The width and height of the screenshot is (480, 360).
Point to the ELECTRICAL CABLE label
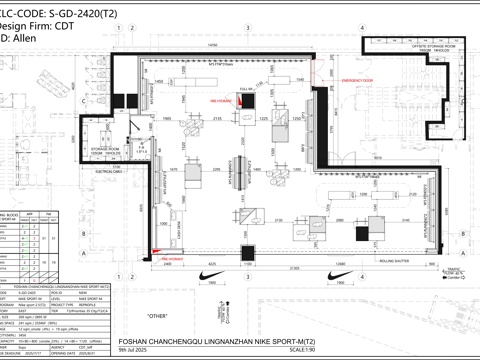click(x=106, y=170)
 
